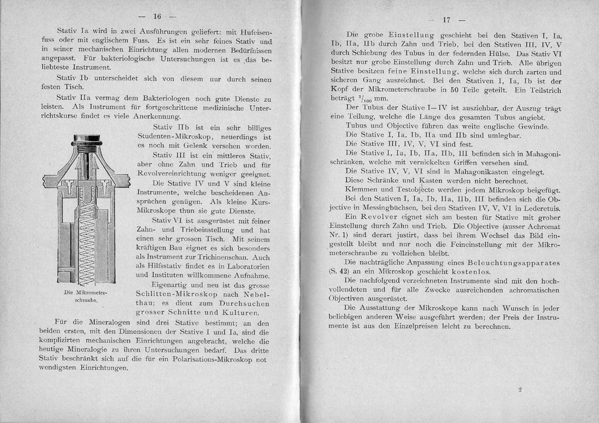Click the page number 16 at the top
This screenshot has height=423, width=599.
157,16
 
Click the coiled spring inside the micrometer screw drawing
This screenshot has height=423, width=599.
87,234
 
